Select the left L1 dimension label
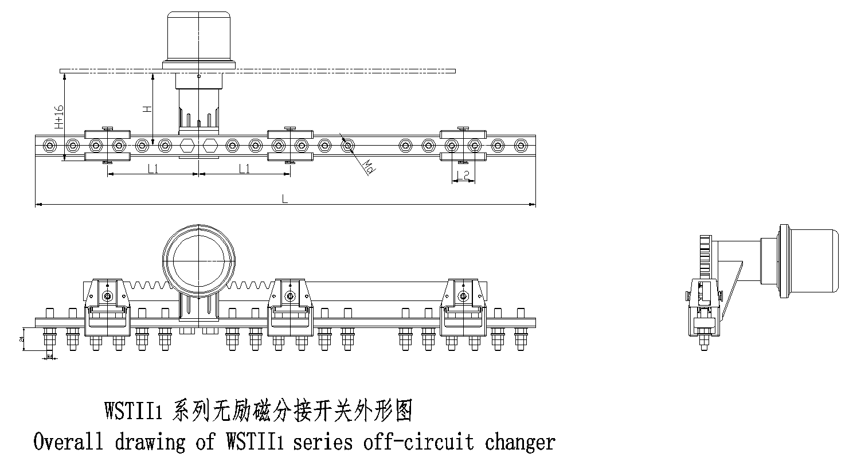[x=152, y=169]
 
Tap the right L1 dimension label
[x=244, y=169]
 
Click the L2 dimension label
[x=463, y=175]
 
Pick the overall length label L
[x=285, y=198]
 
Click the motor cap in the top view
[x=198, y=34]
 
